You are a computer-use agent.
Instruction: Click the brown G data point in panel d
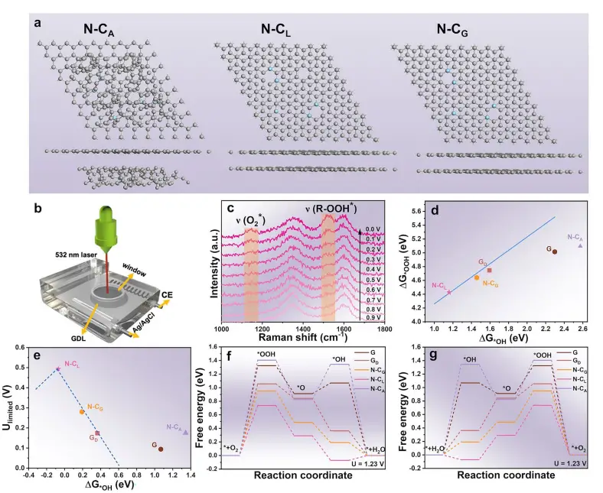[554, 251]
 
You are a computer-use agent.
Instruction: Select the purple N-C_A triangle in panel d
[580, 245]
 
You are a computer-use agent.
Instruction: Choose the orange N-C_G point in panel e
[81, 411]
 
